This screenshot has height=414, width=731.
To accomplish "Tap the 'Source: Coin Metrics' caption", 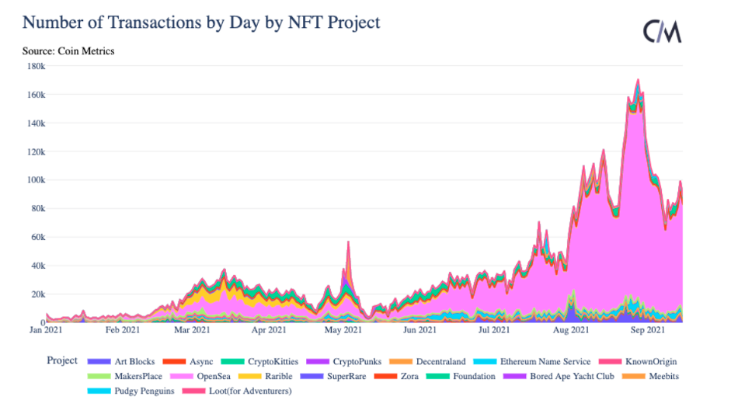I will coord(68,51).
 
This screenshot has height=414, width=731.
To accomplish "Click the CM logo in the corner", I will coord(662,32).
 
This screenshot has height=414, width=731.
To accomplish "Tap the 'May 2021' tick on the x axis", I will coord(343,331).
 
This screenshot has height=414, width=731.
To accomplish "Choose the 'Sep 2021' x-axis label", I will coord(647,331).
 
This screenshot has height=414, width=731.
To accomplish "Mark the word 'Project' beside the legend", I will coord(62,360).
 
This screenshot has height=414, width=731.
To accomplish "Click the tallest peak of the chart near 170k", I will coord(638,79).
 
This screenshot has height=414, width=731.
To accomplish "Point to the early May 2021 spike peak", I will coord(348,242).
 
